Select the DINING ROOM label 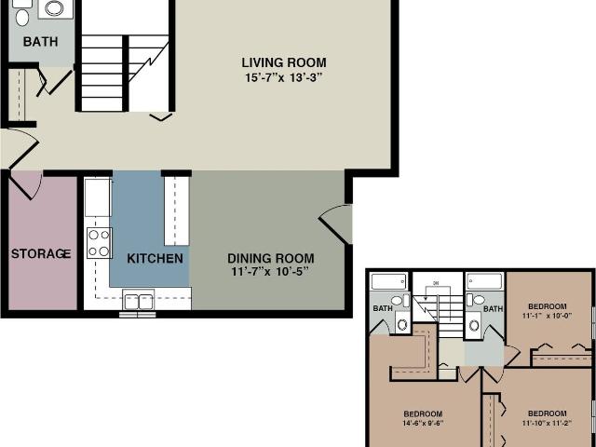[x=271, y=258]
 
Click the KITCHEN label [x=155, y=258]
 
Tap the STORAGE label [x=41, y=253]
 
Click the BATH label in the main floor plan [x=40, y=42]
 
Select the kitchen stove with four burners [x=99, y=243]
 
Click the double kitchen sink [x=138, y=301]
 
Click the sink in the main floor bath [x=55, y=9]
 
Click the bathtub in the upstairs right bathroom [x=484, y=280]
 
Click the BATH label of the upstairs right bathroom [x=493, y=308]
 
